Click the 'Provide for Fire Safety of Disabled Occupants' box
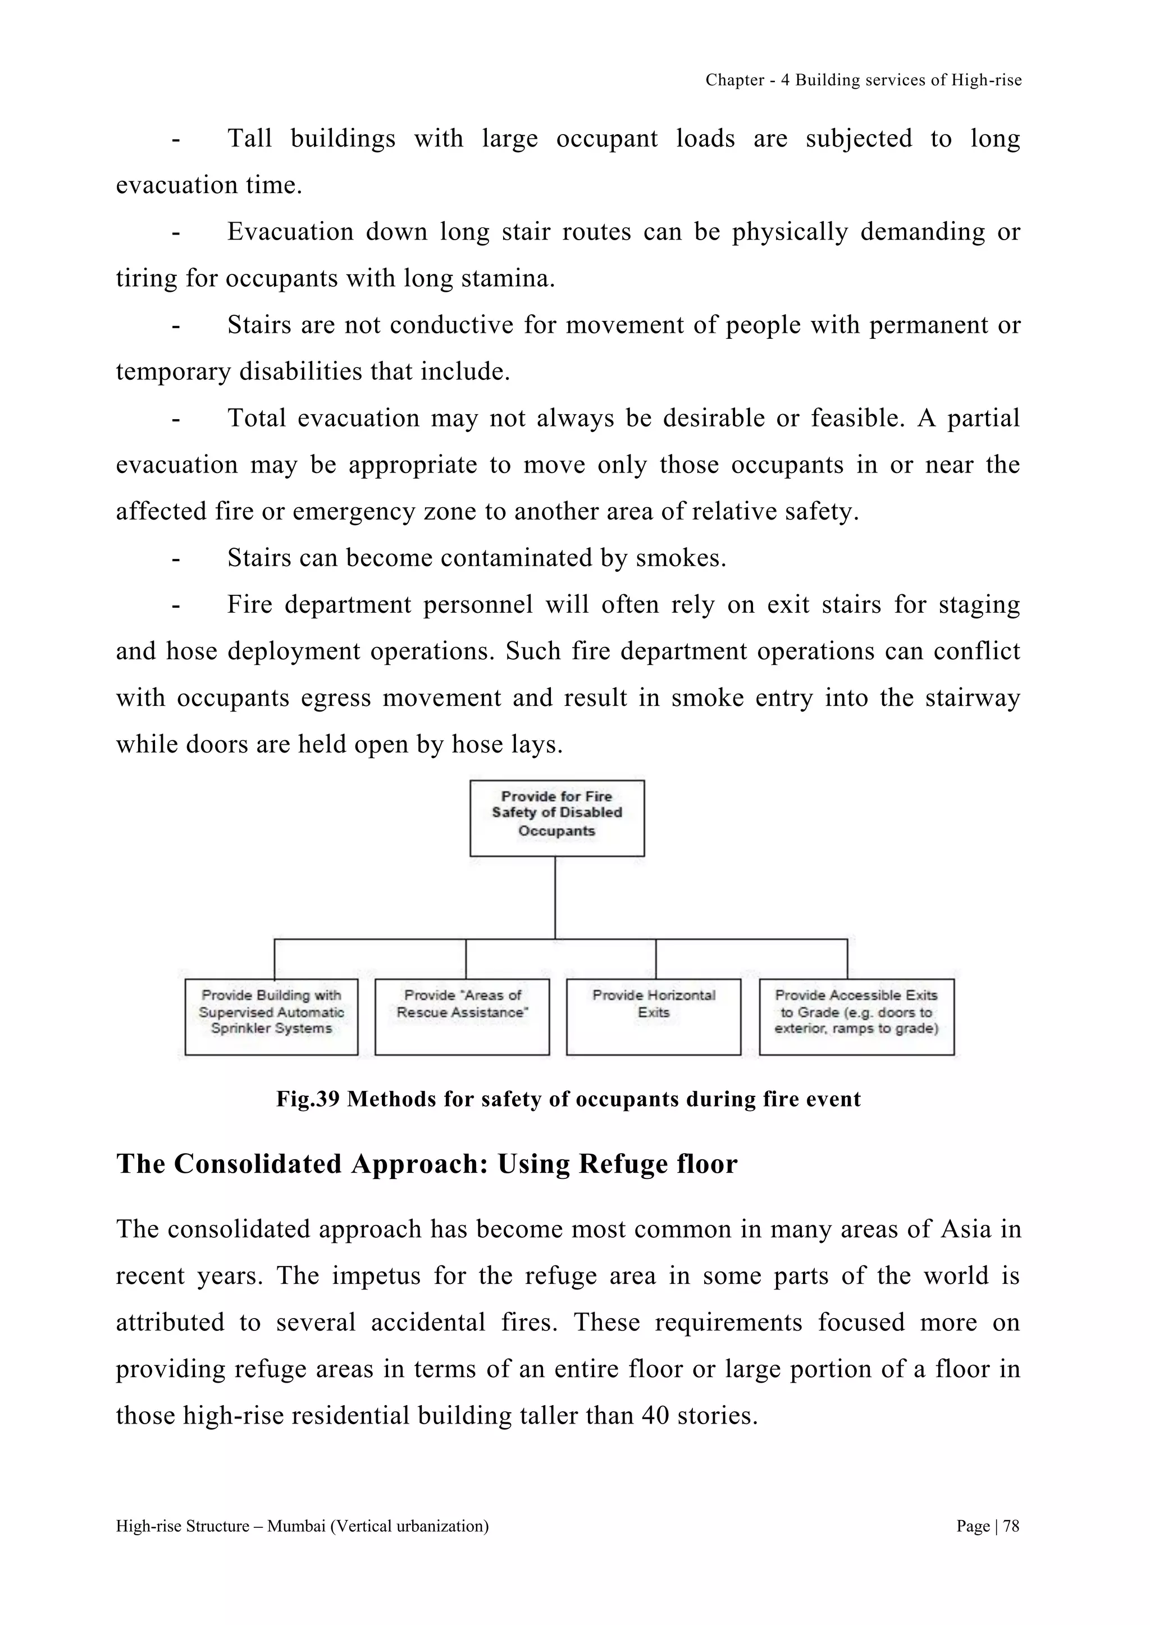(x=556, y=818)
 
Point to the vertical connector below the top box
(x=555, y=897)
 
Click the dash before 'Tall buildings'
(x=175, y=139)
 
